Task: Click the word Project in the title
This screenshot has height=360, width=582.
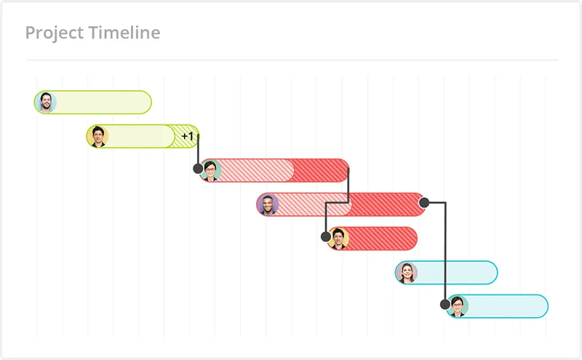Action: [55, 33]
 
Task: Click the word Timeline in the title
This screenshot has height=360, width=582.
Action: [124, 32]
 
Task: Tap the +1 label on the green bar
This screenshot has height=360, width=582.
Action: [188, 136]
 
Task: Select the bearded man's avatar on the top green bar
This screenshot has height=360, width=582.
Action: [46, 102]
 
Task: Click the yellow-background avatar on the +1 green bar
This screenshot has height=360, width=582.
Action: [98, 136]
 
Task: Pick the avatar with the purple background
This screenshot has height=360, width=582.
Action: [268, 204]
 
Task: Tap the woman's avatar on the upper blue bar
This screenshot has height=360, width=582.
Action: [407, 273]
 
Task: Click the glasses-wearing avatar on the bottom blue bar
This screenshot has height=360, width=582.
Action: [458, 306]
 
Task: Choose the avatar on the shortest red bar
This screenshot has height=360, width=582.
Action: [338, 239]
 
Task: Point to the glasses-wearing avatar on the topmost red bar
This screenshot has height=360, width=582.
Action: [210, 170]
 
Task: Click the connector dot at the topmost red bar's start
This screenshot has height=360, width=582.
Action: [198, 169]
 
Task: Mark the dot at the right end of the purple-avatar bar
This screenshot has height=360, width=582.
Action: [424, 203]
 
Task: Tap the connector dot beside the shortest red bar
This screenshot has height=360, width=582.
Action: [326, 236]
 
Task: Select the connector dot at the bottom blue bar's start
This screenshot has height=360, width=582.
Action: [445, 304]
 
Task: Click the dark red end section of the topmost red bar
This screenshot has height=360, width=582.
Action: [320, 170]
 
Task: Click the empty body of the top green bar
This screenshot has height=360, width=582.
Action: [103, 102]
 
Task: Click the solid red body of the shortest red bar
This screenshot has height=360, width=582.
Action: [383, 239]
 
